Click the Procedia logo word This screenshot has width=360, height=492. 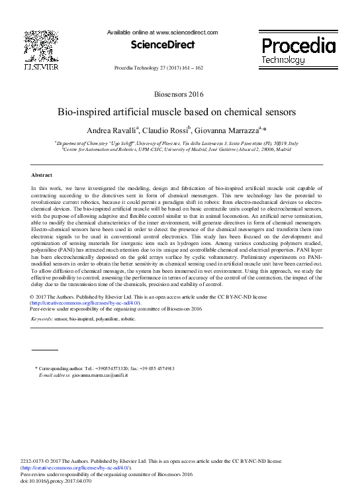click(298, 46)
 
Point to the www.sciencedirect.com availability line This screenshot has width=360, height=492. click(162, 32)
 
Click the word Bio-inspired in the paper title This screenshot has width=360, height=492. click(86, 112)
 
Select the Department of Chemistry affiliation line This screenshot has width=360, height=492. click(177, 142)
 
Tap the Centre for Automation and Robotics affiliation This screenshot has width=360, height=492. click(177, 150)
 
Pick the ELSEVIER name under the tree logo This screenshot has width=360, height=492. click(40, 66)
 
